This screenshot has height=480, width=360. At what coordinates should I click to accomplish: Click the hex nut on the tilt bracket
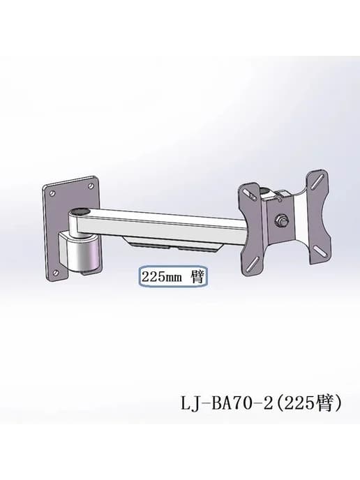point(281,220)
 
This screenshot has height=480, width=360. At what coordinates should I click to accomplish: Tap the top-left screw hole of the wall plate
point(52,193)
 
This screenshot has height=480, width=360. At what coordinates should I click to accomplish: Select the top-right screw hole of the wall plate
point(91,186)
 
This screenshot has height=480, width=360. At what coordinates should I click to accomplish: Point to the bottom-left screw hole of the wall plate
point(56,272)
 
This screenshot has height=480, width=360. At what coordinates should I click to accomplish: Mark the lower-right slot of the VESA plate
point(320,252)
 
